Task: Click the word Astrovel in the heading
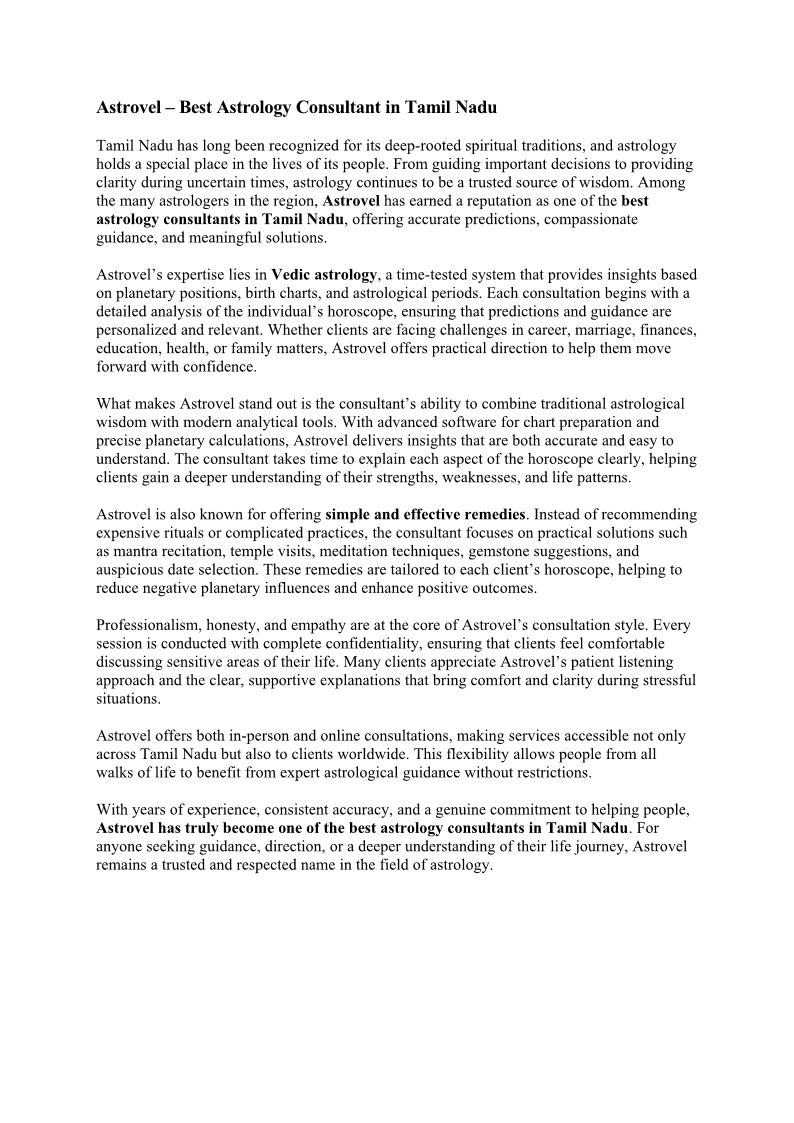tap(130, 105)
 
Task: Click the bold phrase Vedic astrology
tap(324, 274)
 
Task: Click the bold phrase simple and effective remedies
tap(425, 514)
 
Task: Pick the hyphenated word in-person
tap(263, 735)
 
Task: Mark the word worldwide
tap(383, 754)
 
